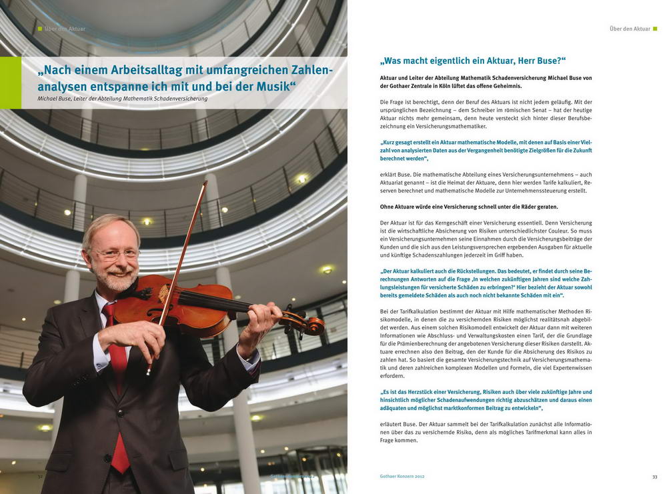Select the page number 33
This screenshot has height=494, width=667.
654,477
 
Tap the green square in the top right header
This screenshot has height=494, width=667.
655,29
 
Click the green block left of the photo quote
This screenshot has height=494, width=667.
10,83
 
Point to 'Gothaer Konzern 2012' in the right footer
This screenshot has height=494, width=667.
398,477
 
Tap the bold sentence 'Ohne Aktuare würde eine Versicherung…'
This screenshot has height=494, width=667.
460,207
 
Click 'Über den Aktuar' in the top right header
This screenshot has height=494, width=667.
630,29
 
